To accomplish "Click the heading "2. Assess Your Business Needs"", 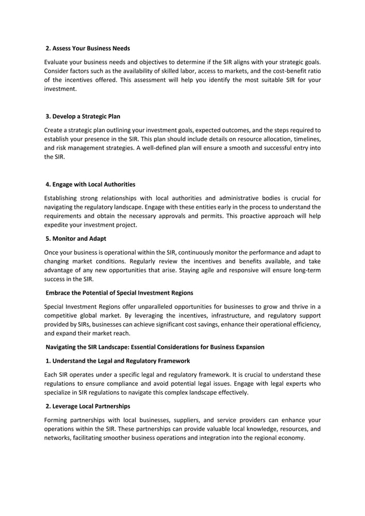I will click(88, 48).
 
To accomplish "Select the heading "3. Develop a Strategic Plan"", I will click(83, 116).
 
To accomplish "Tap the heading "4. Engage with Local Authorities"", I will click(90, 184).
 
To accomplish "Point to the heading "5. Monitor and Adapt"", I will click(76, 238).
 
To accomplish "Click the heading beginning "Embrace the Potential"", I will click(119, 292).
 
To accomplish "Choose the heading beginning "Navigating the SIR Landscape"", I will click(154, 347).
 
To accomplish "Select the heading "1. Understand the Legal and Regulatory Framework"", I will click(118, 360).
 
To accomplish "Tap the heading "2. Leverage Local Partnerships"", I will click(88, 406).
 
